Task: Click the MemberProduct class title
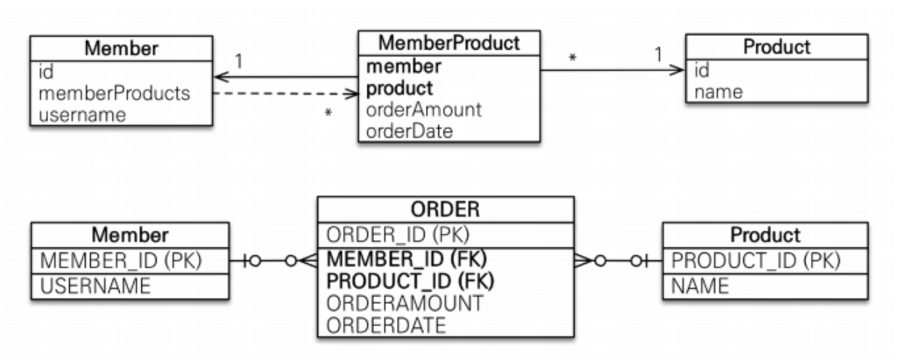(x=449, y=43)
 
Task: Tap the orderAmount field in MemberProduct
(x=424, y=110)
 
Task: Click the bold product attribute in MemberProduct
(x=400, y=89)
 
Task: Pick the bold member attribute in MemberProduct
(x=404, y=67)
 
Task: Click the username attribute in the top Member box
(x=78, y=114)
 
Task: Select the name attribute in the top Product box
(x=718, y=91)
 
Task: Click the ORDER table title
(x=445, y=210)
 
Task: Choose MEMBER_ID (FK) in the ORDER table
(x=406, y=260)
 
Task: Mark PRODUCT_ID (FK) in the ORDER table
(x=410, y=281)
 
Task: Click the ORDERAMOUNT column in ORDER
(x=404, y=303)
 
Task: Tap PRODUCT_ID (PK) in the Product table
(x=755, y=261)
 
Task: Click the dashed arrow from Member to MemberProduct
(x=285, y=92)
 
